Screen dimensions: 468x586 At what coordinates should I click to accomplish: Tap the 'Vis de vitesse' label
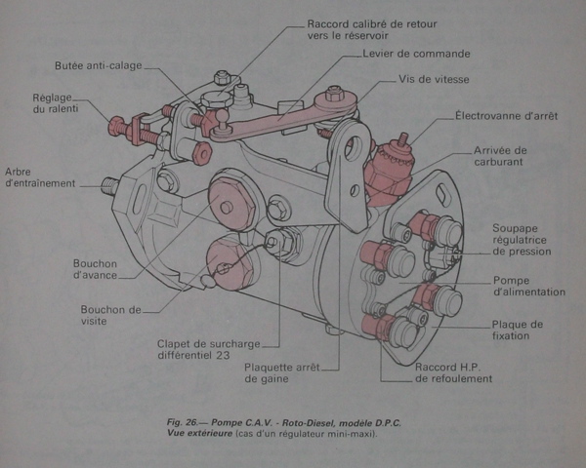coord(438,80)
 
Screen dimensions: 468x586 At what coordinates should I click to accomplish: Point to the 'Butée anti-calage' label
coord(97,66)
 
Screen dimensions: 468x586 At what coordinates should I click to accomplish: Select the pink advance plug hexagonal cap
coord(227,208)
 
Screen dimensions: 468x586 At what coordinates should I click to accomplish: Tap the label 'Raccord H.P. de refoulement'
coord(453,373)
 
